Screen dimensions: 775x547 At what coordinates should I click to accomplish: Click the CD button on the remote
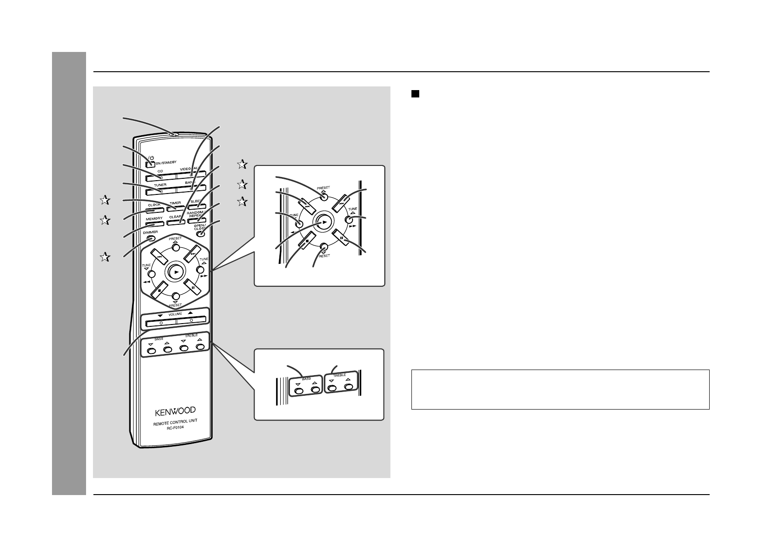(x=161, y=178)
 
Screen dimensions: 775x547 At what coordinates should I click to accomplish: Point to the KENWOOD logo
(x=174, y=410)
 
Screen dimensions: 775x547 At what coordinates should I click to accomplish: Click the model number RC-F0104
(x=175, y=429)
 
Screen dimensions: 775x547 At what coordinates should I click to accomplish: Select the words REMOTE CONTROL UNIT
(x=175, y=423)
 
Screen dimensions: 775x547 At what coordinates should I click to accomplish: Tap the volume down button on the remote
(x=161, y=322)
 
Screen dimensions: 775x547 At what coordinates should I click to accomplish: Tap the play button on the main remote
(x=175, y=272)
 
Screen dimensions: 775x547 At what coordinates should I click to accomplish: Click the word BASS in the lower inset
(x=306, y=379)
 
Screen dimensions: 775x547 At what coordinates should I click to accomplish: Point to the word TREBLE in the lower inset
(x=339, y=376)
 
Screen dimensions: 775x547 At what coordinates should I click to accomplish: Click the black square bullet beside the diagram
(x=415, y=94)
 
